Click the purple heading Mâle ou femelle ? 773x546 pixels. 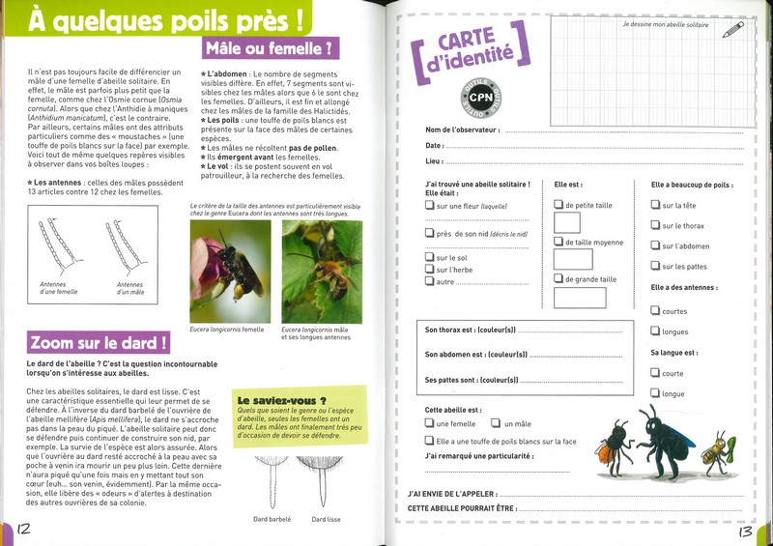pyautogui.click(x=270, y=47)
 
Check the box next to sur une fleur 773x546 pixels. pyautogui.click(x=430, y=205)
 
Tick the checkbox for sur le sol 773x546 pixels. pyautogui.click(x=430, y=257)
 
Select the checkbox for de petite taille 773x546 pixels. pyautogui.click(x=558, y=205)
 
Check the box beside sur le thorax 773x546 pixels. pyautogui.click(x=655, y=226)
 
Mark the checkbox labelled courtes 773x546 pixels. pyautogui.click(x=655, y=311)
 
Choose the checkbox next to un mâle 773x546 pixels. pyautogui.click(x=495, y=423)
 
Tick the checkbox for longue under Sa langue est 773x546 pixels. pyautogui.click(x=655, y=393)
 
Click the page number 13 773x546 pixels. pyautogui.click(x=745, y=530)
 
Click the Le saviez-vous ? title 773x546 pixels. pyautogui.click(x=281, y=400)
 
